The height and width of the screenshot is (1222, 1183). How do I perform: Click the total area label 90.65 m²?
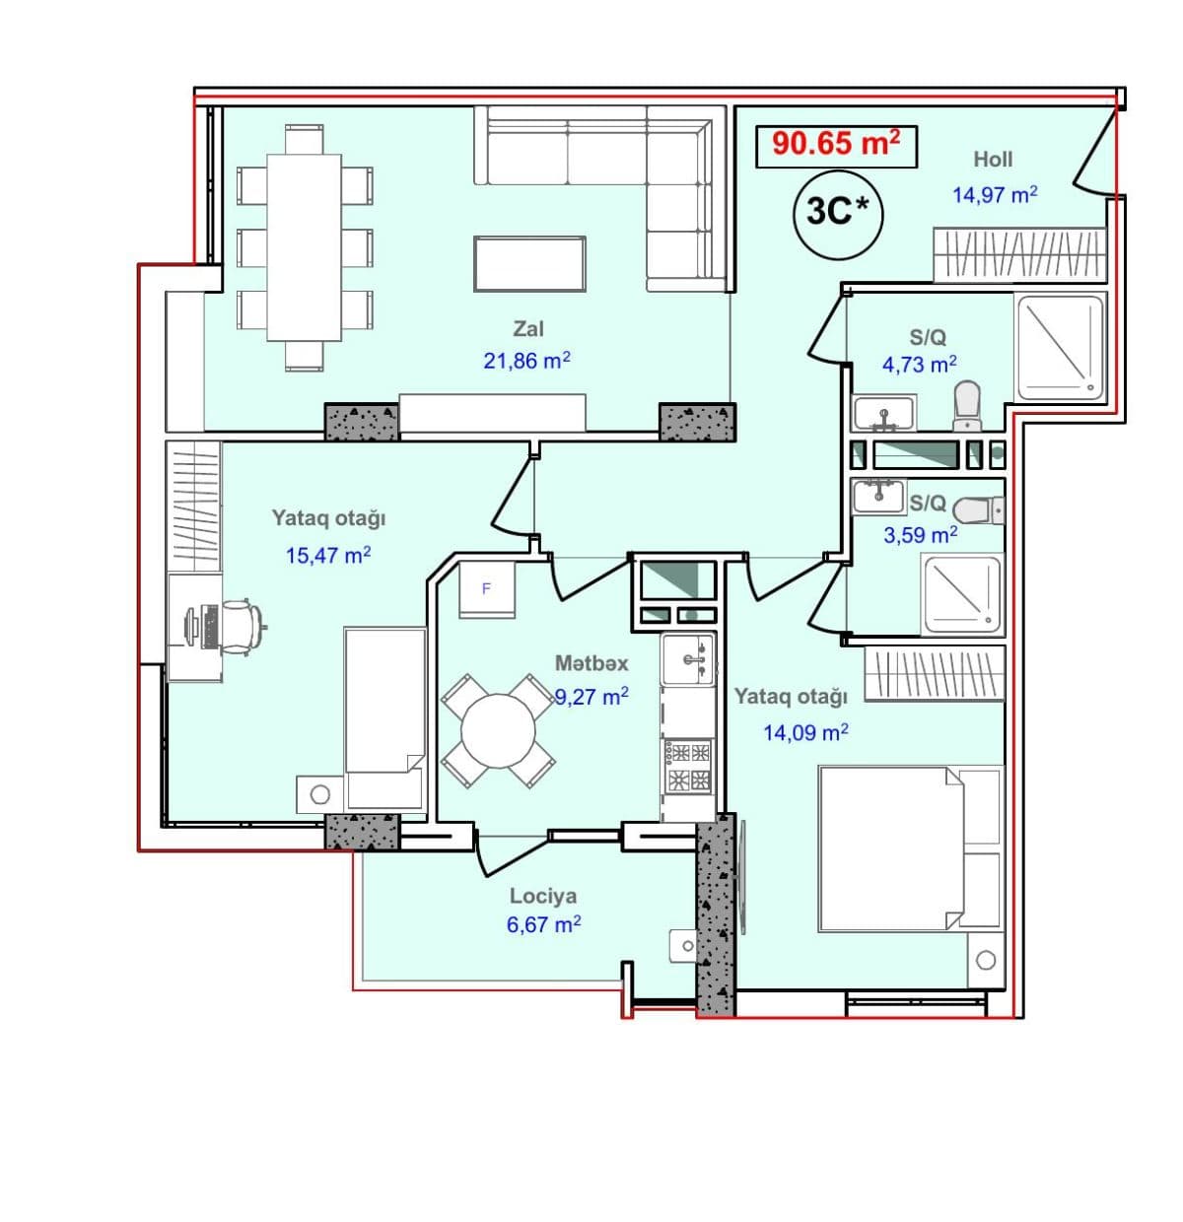coord(836,144)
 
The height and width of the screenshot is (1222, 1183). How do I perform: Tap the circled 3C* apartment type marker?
coord(838,214)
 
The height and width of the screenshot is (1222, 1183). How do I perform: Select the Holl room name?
coord(993,160)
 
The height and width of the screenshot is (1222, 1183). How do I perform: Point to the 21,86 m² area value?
coord(526,361)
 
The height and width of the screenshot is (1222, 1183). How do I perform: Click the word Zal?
coord(527,328)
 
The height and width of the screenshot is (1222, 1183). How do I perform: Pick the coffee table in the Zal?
coord(529,264)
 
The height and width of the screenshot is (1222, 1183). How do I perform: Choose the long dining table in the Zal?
coord(304,247)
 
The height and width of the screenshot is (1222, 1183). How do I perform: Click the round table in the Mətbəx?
coord(498,731)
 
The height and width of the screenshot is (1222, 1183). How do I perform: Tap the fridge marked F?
coord(486,589)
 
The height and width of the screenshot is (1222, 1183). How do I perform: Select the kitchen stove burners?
coord(688,766)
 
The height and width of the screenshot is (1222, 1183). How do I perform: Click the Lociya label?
coord(543,896)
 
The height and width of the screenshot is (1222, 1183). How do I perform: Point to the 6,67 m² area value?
coord(543,925)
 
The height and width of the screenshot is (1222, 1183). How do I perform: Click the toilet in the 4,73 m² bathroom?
coord(967,406)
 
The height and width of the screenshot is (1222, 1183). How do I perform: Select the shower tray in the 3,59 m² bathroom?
coord(960,594)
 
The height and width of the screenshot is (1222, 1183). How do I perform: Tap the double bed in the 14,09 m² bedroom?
coord(909,849)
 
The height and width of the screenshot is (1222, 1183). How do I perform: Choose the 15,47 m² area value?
coord(328,556)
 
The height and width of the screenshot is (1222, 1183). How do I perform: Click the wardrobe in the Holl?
coord(1019,255)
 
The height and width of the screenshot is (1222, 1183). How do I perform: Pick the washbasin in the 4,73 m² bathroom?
coord(883,412)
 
